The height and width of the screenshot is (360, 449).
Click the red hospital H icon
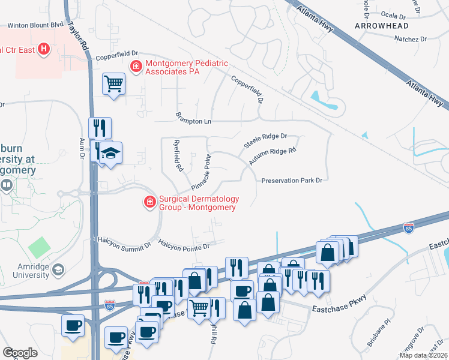(x=43, y=49)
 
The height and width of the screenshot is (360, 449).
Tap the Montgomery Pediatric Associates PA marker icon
(x=136, y=65)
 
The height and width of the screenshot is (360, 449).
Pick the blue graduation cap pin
(x=110, y=154)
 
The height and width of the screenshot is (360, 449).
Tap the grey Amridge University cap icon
(x=58, y=269)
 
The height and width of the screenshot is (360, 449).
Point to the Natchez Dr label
(x=410, y=39)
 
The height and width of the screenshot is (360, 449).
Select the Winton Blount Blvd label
(x=35, y=25)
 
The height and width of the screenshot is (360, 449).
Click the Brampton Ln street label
(x=193, y=118)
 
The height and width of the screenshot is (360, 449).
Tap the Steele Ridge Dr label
(x=265, y=141)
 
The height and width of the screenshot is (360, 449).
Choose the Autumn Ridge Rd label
(x=273, y=157)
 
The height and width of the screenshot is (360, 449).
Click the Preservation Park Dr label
(x=292, y=180)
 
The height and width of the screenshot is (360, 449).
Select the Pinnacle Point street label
(x=202, y=173)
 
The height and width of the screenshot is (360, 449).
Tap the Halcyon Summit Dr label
(x=124, y=243)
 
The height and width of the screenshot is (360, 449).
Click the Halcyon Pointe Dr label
(x=184, y=245)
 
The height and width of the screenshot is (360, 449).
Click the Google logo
(x=20, y=352)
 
